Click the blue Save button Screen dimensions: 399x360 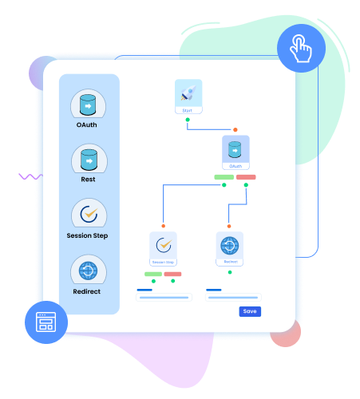250,311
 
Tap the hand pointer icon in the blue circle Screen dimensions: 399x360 301,49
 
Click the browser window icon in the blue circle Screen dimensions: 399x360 45,322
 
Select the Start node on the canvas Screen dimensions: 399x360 188,97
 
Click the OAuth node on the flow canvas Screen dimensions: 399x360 235,152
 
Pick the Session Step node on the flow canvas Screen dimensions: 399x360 163,249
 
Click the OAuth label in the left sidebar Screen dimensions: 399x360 88,124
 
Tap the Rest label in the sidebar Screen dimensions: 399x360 89,179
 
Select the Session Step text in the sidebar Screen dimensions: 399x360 88,235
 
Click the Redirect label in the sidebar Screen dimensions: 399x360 88,291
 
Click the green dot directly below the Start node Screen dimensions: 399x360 188,120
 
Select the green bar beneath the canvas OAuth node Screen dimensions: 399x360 224,176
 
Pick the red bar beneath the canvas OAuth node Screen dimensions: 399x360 246,176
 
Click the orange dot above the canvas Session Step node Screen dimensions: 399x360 163,226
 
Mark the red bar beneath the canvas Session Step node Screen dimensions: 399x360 172,274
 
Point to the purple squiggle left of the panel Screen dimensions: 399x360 30,176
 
